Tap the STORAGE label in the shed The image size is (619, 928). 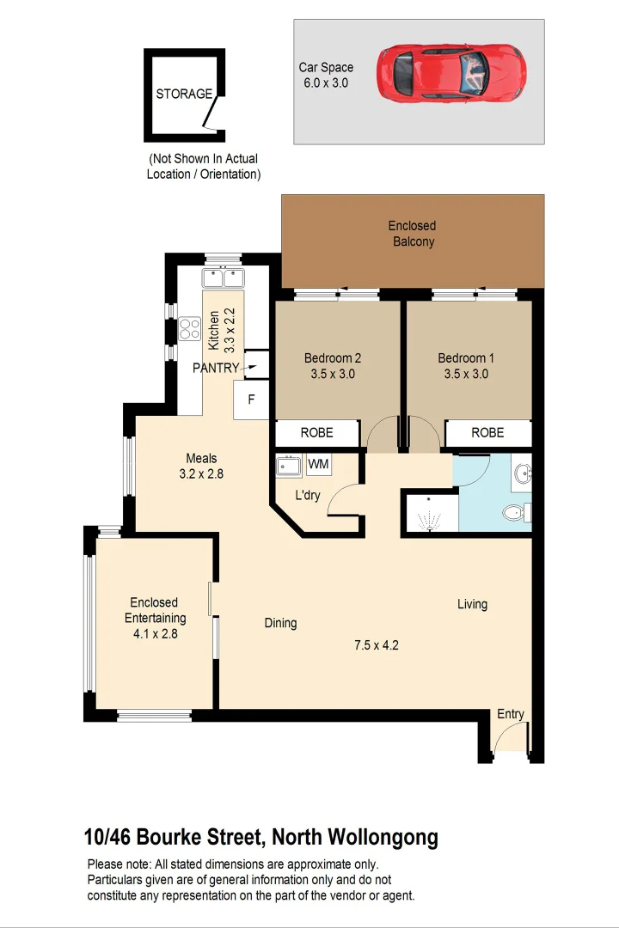(184, 94)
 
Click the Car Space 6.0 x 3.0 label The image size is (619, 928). (326, 75)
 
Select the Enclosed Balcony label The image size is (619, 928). (413, 234)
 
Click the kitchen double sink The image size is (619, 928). (224, 278)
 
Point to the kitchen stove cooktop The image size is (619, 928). (189, 328)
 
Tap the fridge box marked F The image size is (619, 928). (251, 400)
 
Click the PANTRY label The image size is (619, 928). (217, 368)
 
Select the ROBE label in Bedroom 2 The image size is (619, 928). (316, 433)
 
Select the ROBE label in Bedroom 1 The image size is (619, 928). (487, 433)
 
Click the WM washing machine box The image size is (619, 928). (318, 465)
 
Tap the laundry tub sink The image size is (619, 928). (288, 467)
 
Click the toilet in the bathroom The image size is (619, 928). (515, 513)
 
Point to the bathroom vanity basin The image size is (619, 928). (523, 472)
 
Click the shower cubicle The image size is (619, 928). (429, 514)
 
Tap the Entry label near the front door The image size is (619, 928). (510, 714)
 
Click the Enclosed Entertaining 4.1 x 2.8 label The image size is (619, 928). (155, 618)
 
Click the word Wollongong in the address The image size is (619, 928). (383, 836)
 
